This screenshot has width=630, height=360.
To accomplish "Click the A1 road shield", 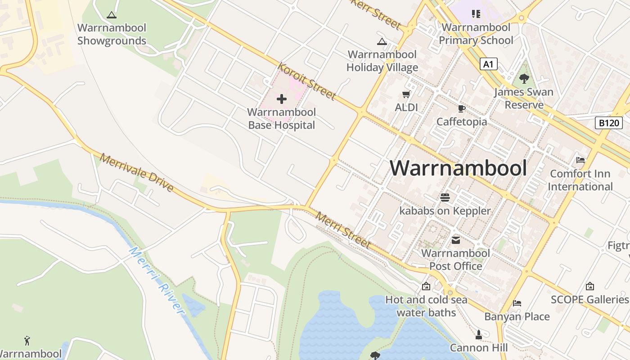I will coord(488,64).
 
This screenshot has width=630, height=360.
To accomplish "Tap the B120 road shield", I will coord(608,123).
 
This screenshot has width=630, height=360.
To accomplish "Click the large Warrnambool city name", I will coord(458,168).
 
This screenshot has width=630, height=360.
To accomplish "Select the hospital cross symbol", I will coord(282,99).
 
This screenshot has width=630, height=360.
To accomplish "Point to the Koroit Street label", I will coord(307,81).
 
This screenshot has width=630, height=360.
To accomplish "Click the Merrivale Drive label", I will coord(137,173).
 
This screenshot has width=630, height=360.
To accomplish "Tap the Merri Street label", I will coord(343,230).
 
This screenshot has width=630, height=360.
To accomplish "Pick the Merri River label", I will coord(157,281).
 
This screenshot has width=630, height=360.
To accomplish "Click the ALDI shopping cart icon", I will coord(406,94).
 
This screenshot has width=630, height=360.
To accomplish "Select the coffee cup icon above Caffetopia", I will coord(461,108).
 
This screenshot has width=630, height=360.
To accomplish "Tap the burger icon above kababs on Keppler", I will coord(445,197).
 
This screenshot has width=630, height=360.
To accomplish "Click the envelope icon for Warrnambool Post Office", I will coord(456,240).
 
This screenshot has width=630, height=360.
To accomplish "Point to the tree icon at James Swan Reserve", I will coord(524,79).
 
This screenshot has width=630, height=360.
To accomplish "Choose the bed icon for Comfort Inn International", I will coord(580,160).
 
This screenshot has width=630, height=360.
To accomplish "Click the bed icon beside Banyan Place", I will coord(517,303).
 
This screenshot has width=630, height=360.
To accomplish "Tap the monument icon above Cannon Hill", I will coord(479,335).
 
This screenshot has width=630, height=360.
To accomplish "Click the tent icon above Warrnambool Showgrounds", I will coord(112,15).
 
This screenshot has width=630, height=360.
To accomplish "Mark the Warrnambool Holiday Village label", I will coord(382,61).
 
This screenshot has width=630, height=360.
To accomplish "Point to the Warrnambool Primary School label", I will coord(476,34).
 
